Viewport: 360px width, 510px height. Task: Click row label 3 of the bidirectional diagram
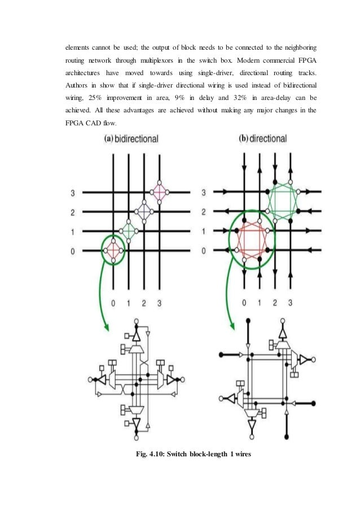click(73, 193)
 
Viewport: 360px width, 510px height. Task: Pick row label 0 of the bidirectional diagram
click(73, 251)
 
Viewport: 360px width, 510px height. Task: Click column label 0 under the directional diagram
click(244, 303)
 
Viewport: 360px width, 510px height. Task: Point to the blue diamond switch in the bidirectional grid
click(144, 211)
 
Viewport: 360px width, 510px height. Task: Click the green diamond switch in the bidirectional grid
click(129, 230)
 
